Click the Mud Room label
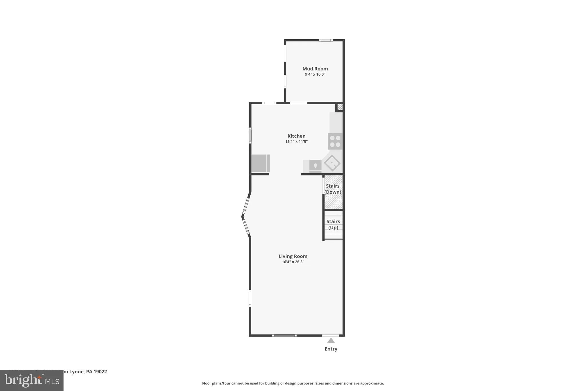pyautogui.click(x=315, y=69)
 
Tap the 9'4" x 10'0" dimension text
pyautogui.click(x=315, y=74)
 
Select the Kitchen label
pyautogui.click(x=296, y=136)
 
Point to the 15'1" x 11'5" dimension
pyautogui.click(x=296, y=142)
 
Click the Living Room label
pyautogui.click(x=293, y=256)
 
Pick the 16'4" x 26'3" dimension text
pyautogui.click(x=293, y=262)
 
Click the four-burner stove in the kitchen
pyautogui.click(x=335, y=141)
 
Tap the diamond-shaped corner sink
pyautogui.click(x=332, y=163)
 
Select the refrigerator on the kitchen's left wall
pyautogui.click(x=260, y=164)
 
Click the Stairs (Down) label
pyautogui.click(x=333, y=189)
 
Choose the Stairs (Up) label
pyautogui.click(x=333, y=225)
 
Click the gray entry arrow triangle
pyautogui.click(x=331, y=341)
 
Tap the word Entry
pyautogui.click(x=331, y=349)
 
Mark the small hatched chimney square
pyautogui.click(x=340, y=107)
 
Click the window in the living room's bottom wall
pyautogui.click(x=284, y=335)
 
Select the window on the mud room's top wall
pyautogui.click(x=326, y=40)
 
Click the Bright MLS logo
pyautogui.click(x=31, y=381)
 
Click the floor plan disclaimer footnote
pyautogui.click(x=293, y=383)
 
